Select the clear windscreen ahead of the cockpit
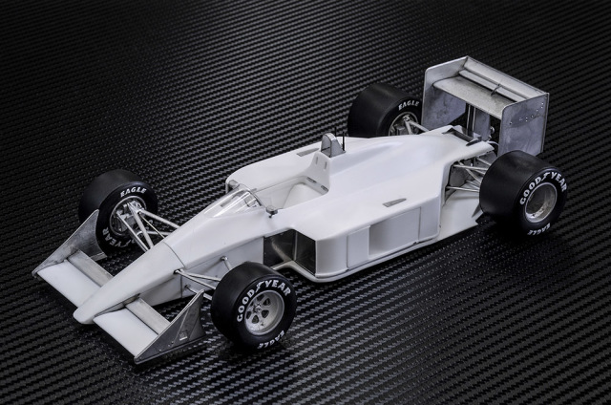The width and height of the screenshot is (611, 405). click(x=239, y=200)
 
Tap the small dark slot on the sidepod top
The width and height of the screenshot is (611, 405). click(x=393, y=202)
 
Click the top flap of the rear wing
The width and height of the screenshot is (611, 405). click(x=477, y=76)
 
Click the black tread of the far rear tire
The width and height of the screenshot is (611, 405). click(x=368, y=110)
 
